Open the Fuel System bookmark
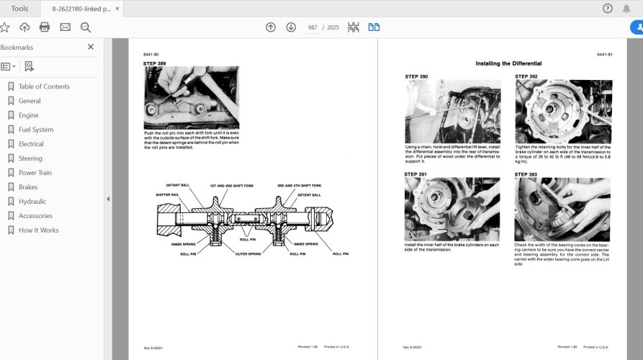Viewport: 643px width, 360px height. pos(35,130)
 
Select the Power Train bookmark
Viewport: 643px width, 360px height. pos(35,173)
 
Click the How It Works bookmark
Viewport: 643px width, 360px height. pos(38,230)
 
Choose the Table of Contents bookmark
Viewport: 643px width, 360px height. pos(43,86)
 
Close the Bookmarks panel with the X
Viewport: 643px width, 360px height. pos(91,47)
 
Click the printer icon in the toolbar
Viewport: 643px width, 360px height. pos(45,27)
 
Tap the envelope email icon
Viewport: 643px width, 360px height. pos(65,27)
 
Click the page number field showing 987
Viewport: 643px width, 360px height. pos(312,27)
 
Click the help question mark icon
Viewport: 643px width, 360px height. pos(607,9)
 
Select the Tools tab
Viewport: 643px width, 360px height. pos(19,9)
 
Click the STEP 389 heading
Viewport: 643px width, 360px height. pos(156,63)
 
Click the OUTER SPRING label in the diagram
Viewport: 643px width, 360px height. pos(248,253)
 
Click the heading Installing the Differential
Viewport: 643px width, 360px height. pos(508,63)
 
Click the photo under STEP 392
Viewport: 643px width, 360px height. pos(562,112)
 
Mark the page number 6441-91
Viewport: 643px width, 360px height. pos(604,55)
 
